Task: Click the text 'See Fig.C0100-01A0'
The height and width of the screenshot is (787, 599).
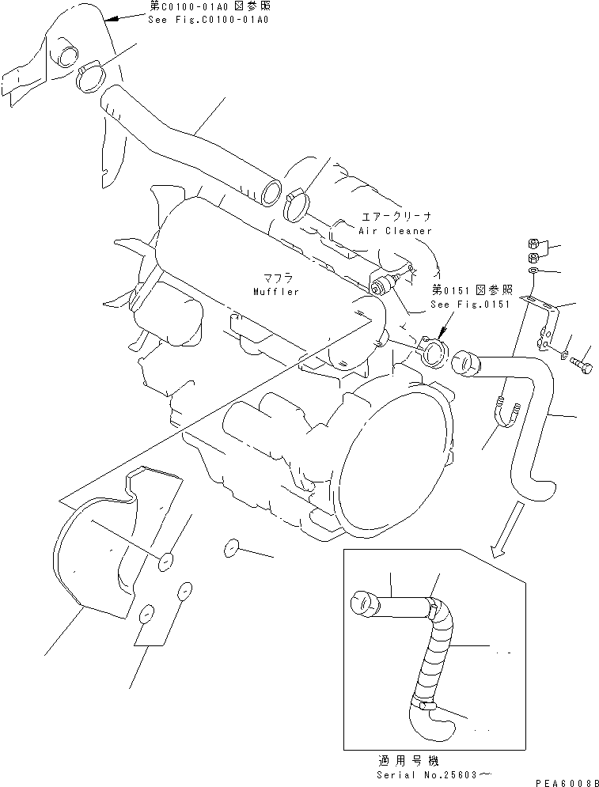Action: point(207,18)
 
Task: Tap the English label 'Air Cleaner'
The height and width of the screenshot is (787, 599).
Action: point(396,231)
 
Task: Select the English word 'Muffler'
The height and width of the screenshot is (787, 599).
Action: point(276,292)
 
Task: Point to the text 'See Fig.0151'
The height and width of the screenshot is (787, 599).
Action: point(470,305)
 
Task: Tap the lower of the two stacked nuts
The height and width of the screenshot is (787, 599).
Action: point(533,258)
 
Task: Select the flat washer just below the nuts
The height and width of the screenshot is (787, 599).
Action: point(536,271)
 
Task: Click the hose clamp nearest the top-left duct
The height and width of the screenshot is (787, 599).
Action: point(91,76)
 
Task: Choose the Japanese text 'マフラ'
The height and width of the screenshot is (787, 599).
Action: point(275,278)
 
